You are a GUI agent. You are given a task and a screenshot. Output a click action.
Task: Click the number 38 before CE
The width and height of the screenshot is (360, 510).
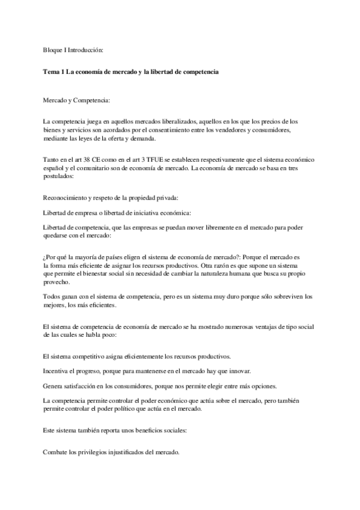click(x=97, y=159)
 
